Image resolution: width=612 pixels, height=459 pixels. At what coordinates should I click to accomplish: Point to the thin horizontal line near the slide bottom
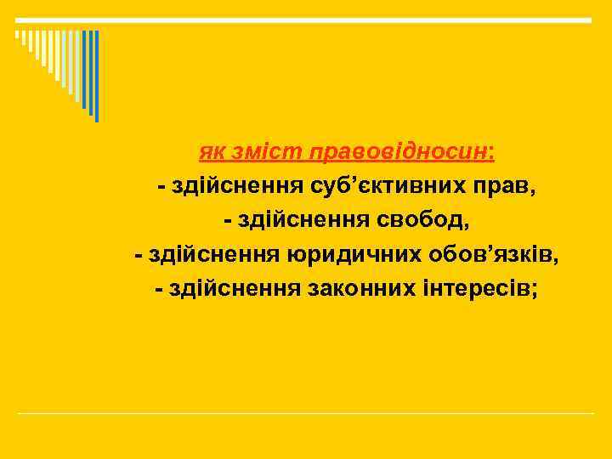coord(306,414)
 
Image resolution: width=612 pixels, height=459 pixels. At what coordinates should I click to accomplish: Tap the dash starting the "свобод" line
coord(227,221)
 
